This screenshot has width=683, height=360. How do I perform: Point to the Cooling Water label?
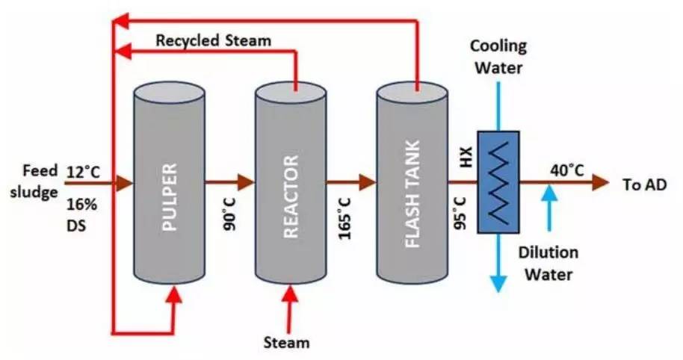coord(498,56)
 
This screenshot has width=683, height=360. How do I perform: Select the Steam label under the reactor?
coord(286,343)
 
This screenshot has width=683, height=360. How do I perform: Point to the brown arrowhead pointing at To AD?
coord(601,182)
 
